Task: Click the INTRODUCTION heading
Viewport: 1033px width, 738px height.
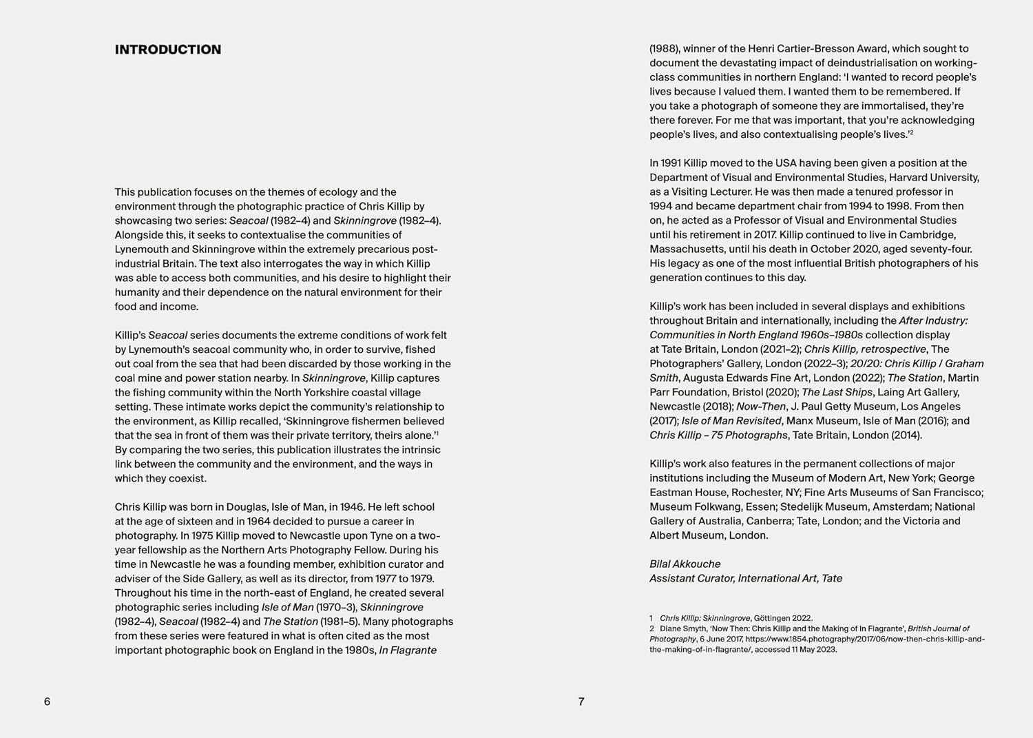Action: [x=168, y=50]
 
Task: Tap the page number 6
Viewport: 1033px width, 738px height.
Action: [x=47, y=701]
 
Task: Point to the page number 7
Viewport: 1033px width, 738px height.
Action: [x=581, y=701]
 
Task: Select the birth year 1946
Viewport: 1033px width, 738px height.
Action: [x=352, y=507]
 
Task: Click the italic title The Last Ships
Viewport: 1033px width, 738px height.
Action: [x=837, y=392]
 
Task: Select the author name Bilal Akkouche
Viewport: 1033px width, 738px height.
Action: [x=685, y=564]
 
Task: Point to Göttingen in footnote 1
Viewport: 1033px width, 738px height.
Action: [x=776, y=619]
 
